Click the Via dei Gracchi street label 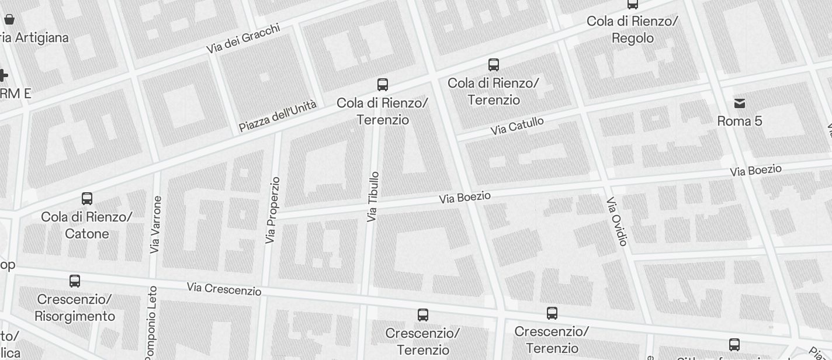pos(244,39)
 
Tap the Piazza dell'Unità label pos(278,116)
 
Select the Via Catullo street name pos(517,126)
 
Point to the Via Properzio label pos(272,210)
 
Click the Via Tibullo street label pos(373,196)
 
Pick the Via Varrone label pos(155,224)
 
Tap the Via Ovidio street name pos(617,221)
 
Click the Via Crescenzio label pos(224,288)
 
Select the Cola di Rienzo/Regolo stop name pos(632,30)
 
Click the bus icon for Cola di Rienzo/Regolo pos(632,4)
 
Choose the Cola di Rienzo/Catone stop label pos(86,226)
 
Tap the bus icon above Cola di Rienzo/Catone pos(87,199)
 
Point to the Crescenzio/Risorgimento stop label pos(75,308)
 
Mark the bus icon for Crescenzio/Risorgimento pos(75,281)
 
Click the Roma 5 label pos(740,121)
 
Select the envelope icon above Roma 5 pos(740,103)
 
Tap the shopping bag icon pos(9,19)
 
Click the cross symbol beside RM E pos(3,75)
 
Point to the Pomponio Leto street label pos(151,323)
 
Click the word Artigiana pos(40,37)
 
